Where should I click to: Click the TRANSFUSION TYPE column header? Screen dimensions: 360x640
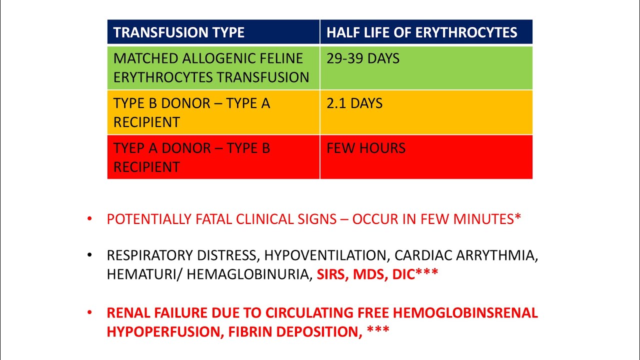pos(178,33)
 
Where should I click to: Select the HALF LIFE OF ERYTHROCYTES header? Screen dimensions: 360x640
pos(421,33)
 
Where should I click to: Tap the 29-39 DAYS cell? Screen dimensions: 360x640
pos(363,58)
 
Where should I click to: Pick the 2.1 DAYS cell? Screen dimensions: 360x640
pos(354,103)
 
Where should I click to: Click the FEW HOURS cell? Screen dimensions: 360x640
pos(366,148)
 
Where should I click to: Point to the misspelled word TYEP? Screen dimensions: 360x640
pos(127,148)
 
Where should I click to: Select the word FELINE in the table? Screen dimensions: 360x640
pos(281,58)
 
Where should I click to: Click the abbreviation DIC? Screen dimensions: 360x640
pos(401,274)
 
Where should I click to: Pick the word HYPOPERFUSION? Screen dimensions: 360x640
pos(163,331)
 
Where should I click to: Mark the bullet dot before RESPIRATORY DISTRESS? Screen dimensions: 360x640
pos(89,255)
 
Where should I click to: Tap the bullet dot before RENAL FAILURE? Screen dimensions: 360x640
pos(89,313)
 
